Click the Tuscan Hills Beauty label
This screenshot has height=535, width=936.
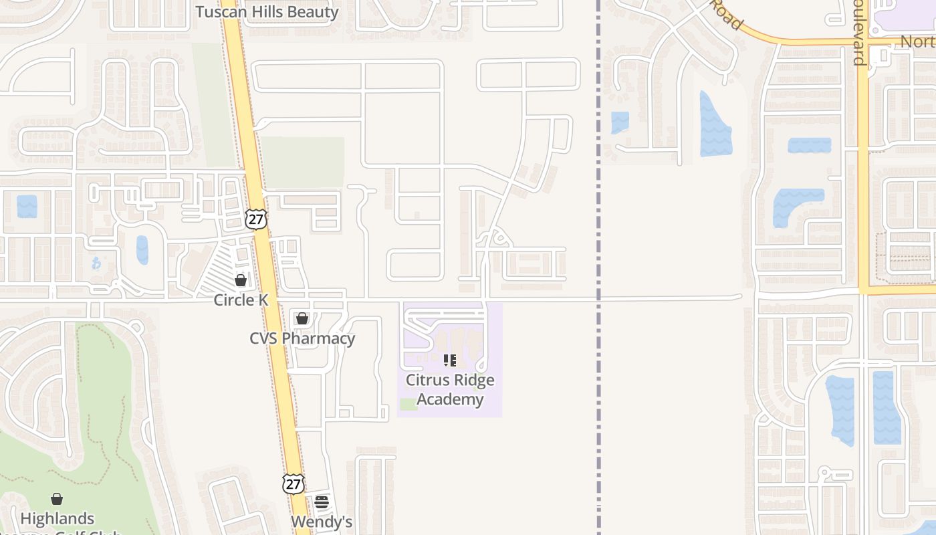pos(267,12)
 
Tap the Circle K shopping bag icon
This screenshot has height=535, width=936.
pos(241,280)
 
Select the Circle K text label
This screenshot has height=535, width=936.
pos(241,300)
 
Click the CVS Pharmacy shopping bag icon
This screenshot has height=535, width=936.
pos(302,318)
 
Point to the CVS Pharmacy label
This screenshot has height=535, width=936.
pos(302,338)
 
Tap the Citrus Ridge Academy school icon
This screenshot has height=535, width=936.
pos(450,361)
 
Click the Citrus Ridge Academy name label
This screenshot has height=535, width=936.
pos(450,390)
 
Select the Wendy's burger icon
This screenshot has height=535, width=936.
pos(322,502)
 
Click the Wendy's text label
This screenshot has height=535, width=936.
pos(322,522)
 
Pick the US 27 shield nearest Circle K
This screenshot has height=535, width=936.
pos(255,219)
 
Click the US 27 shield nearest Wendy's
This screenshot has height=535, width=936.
pos(293,484)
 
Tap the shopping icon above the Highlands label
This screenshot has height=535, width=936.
pos(57,499)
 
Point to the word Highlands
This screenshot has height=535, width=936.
pos(57,518)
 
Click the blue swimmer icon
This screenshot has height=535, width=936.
pos(96,263)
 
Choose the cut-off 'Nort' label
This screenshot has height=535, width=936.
pos(917,41)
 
